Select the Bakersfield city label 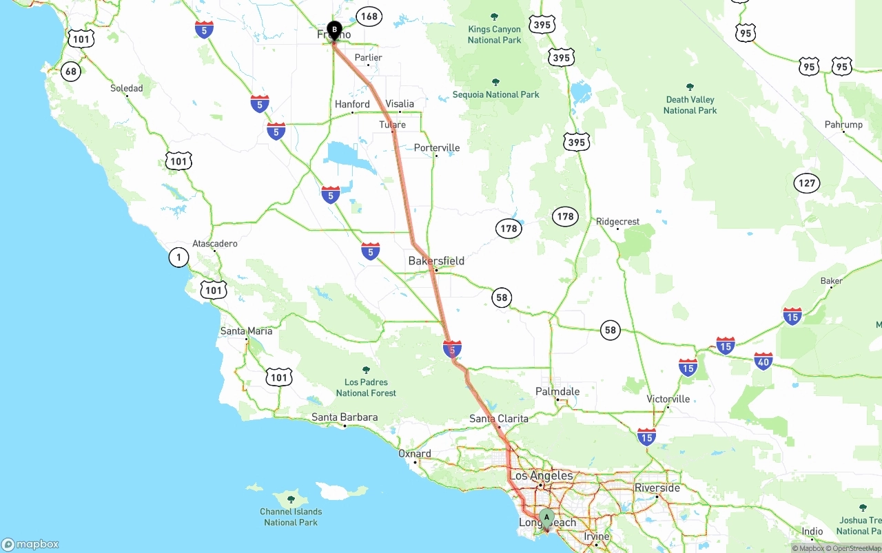click(436, 261)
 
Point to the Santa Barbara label click(345, 417)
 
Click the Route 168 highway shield click(369, 17)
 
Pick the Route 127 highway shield click(807, 183)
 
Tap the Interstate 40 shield click(763, 361)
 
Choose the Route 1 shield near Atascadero click(178, 258)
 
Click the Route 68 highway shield click(70, 71)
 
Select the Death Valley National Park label click(690, 105)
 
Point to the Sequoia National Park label click(495, 94)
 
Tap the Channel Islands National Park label click(291, 517)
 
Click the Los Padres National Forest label click(366, 387)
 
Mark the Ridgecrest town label click(618, 222)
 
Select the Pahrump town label click(843, 125)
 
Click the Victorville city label click(668, 399)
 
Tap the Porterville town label click(437, 148)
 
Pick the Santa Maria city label click(246, 331)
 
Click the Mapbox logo click(30, 544)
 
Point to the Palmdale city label click(557, 391)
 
